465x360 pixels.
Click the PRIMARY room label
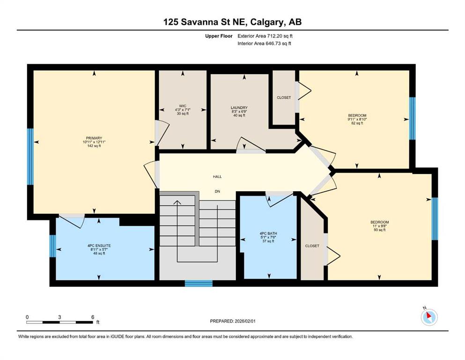coord(94,138)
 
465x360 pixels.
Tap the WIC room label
coord(183,106)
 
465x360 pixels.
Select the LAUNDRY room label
coord(239,108)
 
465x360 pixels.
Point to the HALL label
coord(217,177)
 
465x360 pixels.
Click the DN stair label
coord(217,191)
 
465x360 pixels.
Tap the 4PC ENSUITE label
coord(99,246)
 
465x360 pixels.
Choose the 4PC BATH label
coord(268,233)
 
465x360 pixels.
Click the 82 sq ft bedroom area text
coord(357,123)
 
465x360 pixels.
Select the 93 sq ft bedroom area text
coord(380,230)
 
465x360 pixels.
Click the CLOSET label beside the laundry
coord(284,97)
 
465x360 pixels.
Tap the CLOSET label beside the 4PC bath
coord(312,246)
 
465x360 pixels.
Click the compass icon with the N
coord(429,317)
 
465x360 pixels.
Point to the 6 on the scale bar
coord(93,317)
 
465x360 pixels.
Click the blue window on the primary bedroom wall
coord(30,157)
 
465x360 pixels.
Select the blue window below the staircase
coord(199,284)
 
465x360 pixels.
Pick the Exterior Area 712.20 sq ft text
coord(265,36)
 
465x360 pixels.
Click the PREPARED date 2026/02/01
coord(245,321)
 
